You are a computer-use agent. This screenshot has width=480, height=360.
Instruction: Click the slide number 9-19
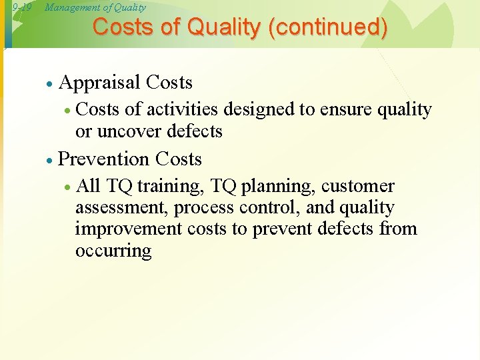click(22, 8)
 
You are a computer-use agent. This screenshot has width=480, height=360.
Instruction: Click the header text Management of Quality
click(95, 8)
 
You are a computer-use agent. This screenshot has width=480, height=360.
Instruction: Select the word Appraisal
click(100, 83)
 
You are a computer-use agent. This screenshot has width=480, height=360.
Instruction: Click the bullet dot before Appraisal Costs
click(49, 84)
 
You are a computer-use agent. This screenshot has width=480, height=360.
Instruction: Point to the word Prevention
click(104, 159)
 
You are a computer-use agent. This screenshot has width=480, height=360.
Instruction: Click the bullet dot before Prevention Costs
click(49, 160)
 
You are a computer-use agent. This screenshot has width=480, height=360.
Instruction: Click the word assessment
click(121, 208)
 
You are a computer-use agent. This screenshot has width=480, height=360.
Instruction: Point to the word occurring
click(113, 251)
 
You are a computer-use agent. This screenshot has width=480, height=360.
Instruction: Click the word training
click(163, 186)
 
